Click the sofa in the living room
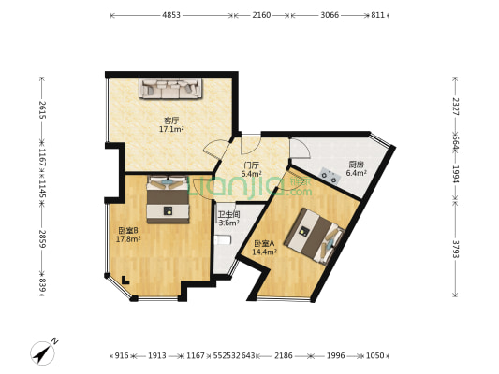(x=171, y=88)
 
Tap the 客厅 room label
(x=171, y=120)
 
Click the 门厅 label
(x=251, y=165)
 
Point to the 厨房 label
(x=356, y=165)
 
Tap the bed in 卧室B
(x=166, y=196)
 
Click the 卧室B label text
(x=128, y=230)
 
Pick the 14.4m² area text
(x=267, y=252)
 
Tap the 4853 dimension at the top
(x=170, y=15)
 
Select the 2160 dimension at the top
(x=261, y=15)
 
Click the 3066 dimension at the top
(x=330, y=15)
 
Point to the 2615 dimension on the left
(x=41, y=108)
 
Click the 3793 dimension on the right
(x=456, y=251)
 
